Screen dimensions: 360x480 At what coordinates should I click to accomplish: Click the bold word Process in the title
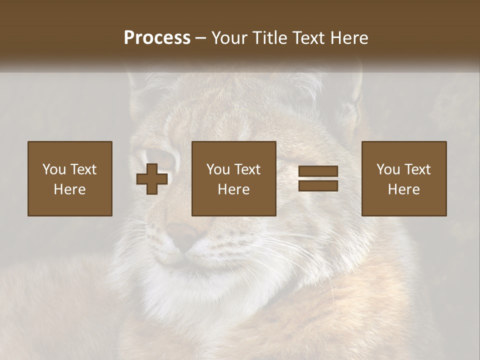[157, 37]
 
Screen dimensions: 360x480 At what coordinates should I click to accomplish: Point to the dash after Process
[201, 38]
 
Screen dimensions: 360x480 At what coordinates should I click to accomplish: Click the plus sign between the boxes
[152, 179]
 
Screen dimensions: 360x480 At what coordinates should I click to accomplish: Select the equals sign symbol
[318, 178]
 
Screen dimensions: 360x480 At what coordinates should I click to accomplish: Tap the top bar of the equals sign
[318, 171]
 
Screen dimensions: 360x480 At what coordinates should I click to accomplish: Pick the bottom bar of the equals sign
[318, 185]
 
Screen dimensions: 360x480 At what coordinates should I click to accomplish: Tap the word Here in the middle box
[234, 189]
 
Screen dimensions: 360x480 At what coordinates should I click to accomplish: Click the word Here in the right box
[404, 189]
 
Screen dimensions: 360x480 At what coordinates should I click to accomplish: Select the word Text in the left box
[83, 169]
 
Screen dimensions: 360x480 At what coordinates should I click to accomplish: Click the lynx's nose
[182, 235]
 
